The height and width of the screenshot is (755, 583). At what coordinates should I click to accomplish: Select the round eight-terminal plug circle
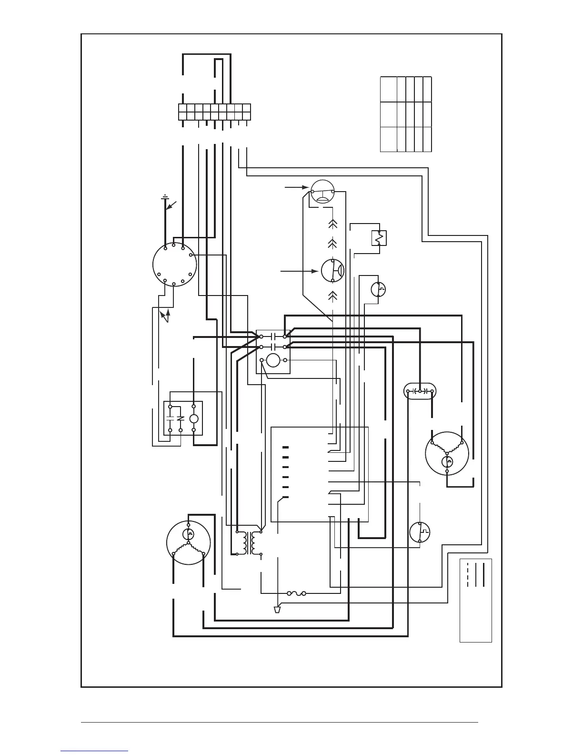(x=174, y=265)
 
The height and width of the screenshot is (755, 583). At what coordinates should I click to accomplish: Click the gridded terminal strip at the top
(x=214, y=112)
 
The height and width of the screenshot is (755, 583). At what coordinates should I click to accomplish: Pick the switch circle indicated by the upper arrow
(x=322, y=192)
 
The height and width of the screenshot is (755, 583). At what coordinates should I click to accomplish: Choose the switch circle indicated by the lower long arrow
(x=332, y=271)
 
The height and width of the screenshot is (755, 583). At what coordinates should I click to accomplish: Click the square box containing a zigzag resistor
(x=379, y=237)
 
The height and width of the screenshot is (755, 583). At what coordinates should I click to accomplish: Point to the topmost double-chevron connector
(x=332, y=223)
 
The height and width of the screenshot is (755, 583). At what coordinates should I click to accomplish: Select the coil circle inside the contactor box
(x=273, y=360)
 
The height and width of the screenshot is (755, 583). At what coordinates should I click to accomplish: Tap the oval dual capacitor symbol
(x=420, y=391)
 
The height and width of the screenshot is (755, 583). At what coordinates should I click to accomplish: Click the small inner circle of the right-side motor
(x=447, y=461)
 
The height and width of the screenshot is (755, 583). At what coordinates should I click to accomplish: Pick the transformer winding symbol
(x=249, y=542)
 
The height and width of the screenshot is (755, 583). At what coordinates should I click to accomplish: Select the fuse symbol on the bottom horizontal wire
(x=296, y=593)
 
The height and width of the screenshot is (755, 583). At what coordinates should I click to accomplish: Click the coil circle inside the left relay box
(x=193, y=419)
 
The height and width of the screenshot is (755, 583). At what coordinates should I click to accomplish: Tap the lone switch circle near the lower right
(x=420, y=532)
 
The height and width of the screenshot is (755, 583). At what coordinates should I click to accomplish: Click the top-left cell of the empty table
(x=388, y=89)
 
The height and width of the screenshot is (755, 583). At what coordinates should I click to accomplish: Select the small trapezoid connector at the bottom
(x=277, y=609)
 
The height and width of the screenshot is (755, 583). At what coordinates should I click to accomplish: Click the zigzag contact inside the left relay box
(x=180, y=419)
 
